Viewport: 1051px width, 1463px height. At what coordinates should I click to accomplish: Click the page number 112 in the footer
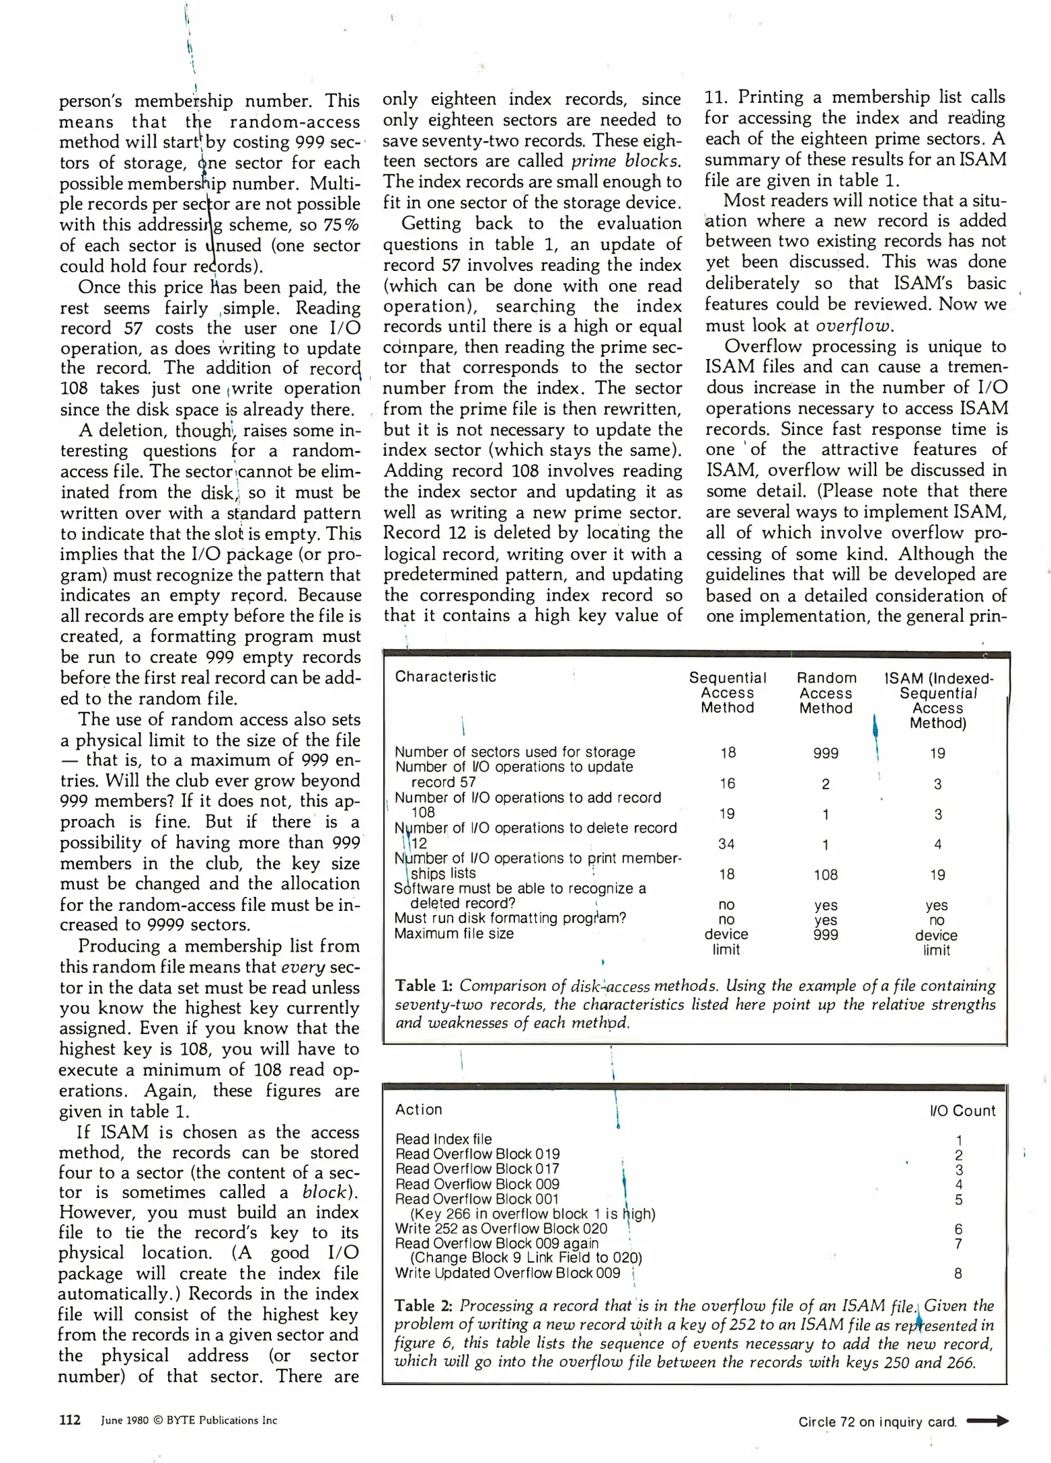pyautogui.click(x=70, y=1420)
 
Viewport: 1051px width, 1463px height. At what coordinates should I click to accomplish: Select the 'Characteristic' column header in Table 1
pyautogui.click(x=445, y=677)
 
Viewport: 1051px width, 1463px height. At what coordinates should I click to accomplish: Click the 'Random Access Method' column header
pyautogui.click(x=825, y=693)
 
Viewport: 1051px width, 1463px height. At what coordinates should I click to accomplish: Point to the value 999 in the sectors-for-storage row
pyautogui.click(x=825, y=753)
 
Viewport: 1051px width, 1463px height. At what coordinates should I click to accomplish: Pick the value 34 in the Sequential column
pyautogui.click(x=726, y=844)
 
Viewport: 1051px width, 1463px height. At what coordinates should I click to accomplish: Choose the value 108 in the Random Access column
pyautogui.click(x=825, y=874)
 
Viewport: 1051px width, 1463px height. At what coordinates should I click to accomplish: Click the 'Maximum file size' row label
pyautogui.click(x=454, y=933)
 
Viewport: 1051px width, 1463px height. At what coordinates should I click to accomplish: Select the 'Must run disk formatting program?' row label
pyautogui.click(x=510, y=918)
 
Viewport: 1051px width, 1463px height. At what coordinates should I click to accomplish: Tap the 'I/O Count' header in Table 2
pyautogui.click(x=962, y=1111)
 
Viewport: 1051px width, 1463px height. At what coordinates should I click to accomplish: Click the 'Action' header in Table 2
pyautogui.click(x=418, y=1109)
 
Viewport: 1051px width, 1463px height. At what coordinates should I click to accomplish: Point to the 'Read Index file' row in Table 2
pyautogui.click(x=443, y=1139)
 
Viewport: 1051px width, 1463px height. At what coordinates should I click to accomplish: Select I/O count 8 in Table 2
pyautogui.click(x=957, y=1273)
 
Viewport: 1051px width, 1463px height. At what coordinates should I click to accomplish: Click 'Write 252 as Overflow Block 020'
pyautogui.click(x=501, y=1229)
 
